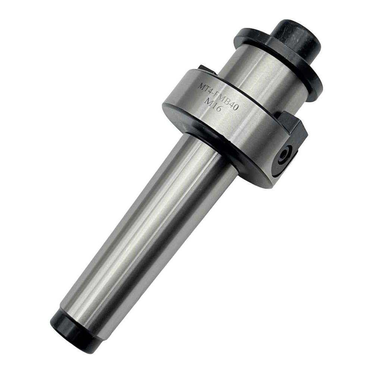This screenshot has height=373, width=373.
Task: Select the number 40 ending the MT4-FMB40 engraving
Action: tap(234, 106)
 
